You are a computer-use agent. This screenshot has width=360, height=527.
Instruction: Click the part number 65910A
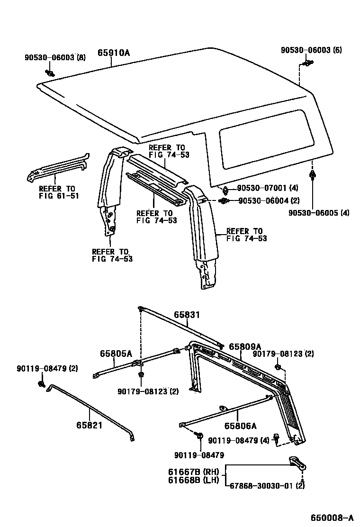(114, 53)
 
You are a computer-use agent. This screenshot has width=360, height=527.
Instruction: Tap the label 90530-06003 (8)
(55, 57)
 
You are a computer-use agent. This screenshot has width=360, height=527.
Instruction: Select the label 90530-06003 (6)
(311, 50)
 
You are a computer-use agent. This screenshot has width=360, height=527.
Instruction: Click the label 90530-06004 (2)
(269, 201)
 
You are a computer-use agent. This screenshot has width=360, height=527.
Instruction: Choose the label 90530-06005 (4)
(318, 213)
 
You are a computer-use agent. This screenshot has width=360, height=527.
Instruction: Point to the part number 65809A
(245, 346)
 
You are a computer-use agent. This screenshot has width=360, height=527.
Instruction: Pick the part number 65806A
(240, 426)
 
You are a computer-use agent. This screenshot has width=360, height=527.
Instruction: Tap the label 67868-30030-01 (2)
(267, 486)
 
